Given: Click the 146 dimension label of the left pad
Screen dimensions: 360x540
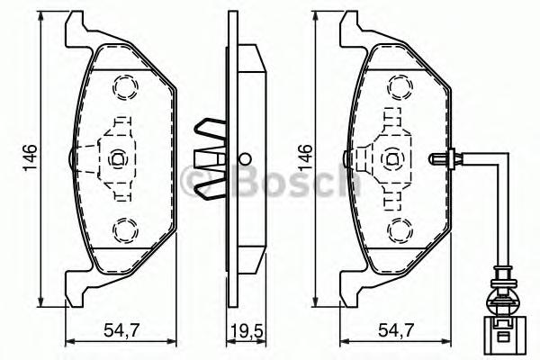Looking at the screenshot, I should tap(30, 157).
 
